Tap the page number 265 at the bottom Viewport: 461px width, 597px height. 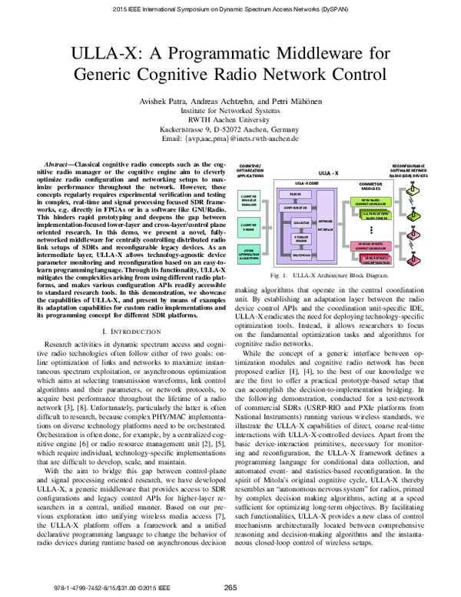pos(230,587)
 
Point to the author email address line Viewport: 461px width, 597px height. pos(230,141)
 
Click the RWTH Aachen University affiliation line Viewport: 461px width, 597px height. pos(230,121)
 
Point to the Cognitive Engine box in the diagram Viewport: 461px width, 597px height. pos(249,227)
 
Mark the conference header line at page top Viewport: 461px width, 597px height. pos(230,9)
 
